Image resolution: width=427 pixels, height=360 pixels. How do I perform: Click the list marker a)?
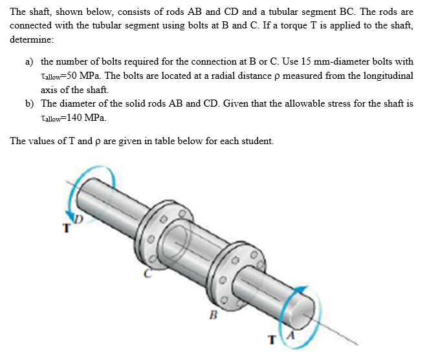click(30, 62)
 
